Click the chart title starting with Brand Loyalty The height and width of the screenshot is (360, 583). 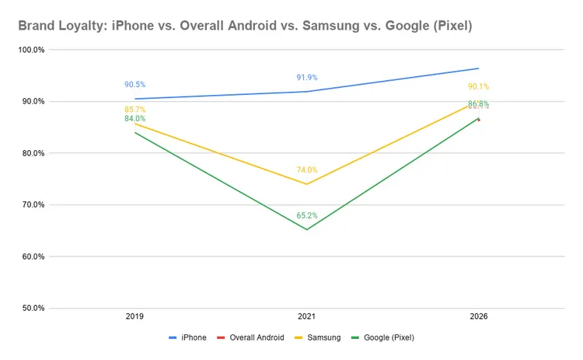244,26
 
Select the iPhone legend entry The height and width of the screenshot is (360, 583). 190,337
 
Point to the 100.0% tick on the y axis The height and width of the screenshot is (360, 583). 31,50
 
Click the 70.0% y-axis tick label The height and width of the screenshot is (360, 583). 31,204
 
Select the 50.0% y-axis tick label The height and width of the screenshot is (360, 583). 31,308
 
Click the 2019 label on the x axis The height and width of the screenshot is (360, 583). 134,317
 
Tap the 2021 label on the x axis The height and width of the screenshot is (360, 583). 306,317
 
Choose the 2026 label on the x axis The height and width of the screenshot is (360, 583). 478,317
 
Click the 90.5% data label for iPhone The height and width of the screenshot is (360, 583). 134,85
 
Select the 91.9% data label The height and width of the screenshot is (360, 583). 306,78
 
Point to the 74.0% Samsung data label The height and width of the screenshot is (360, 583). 306,170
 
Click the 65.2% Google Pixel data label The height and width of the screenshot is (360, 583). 306,215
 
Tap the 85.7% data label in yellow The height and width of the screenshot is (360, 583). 134,110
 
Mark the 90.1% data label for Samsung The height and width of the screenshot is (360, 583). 478,86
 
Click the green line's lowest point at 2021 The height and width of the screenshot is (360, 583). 306,229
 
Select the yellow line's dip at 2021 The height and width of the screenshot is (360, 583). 306,184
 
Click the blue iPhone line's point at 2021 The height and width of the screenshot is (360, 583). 306,92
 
